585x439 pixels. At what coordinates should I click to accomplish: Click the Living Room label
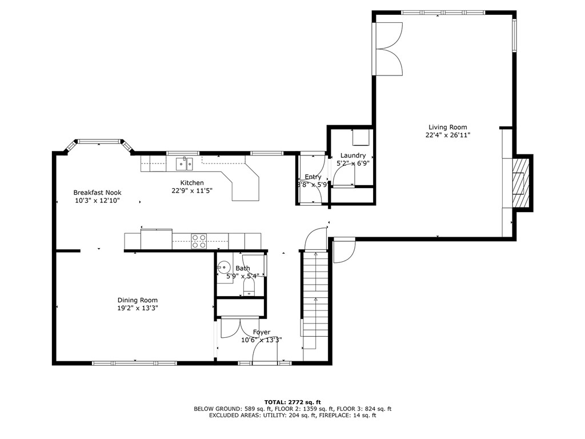coord(448,127)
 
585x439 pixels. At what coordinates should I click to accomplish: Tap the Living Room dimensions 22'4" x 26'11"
coord(448,135)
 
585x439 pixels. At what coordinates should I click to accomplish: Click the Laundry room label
coord(352,155)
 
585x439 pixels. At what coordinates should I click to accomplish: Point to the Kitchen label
coord(192,183)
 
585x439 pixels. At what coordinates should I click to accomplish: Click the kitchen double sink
coord(184,164)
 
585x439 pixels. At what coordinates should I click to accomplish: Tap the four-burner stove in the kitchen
coord(198,241)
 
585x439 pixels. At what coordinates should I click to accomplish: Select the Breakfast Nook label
coord(97,193)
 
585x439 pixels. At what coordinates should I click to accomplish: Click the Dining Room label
coord(138,300)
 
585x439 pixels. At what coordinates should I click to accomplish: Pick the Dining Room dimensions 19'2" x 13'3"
coord(138,308)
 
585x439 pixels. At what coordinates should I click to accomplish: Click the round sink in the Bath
coord(223,268)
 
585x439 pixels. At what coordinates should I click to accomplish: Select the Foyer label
coord(262,332)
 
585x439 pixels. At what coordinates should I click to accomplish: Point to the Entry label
coord(312,177)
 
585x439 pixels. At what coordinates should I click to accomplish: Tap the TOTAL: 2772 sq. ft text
coord(292,402)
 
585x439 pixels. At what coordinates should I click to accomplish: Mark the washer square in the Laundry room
coord(360,138)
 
